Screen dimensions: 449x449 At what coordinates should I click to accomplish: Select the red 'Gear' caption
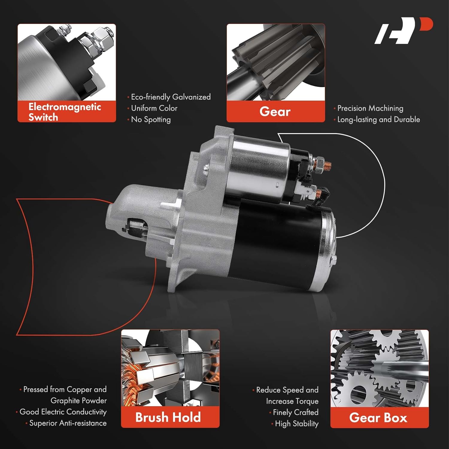275,112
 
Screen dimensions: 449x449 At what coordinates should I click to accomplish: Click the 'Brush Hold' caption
168,417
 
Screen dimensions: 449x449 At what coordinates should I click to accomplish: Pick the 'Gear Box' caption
378,418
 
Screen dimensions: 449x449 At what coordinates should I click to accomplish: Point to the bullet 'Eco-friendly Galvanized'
171,97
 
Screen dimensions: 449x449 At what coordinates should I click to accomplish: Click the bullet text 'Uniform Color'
154,108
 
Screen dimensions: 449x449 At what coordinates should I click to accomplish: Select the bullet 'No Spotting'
151,119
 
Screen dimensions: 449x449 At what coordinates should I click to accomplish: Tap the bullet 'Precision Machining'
370,108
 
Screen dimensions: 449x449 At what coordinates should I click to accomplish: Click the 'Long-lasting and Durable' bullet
379,119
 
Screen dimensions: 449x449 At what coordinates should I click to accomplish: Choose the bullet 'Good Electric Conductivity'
63,412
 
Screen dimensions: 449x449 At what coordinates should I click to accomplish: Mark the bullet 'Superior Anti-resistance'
68,423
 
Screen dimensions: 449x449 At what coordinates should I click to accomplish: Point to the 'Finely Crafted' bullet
295,412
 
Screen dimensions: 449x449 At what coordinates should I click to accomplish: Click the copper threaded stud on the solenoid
327,166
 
